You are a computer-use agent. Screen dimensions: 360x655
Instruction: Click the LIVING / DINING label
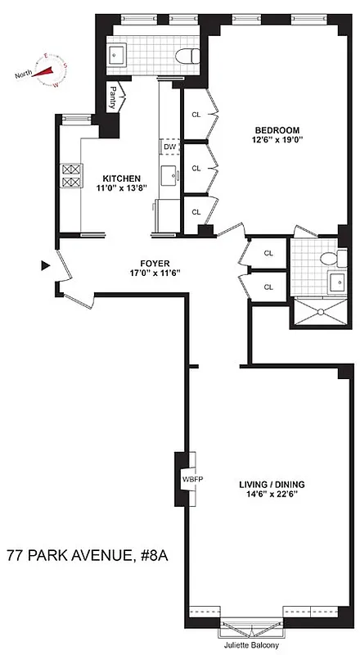[272, 485]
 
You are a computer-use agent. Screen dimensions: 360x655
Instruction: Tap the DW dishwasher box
[170, 147]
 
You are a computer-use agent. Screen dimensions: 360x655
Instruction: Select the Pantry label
[112, 97]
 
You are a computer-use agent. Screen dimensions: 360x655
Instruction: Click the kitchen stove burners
[71, 175]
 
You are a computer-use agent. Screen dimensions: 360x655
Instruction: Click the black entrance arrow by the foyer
[46, 265]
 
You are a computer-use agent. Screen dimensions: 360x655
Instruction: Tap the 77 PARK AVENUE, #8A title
[88, 557]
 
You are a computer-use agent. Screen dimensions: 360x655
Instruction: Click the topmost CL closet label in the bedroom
[196, 115]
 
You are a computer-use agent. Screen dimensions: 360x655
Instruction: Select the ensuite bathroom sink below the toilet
[336, 282]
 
